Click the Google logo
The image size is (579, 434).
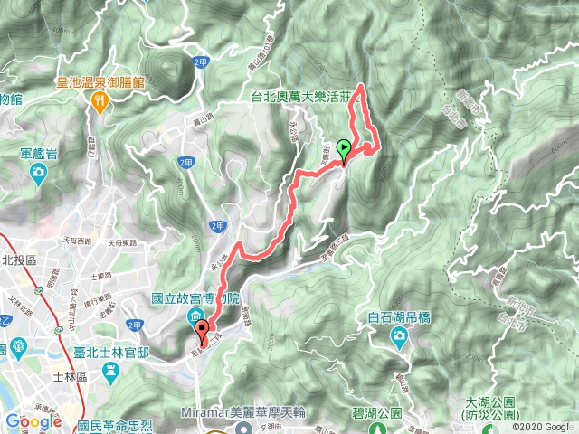pyautogui.click(x=33, y=422)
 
